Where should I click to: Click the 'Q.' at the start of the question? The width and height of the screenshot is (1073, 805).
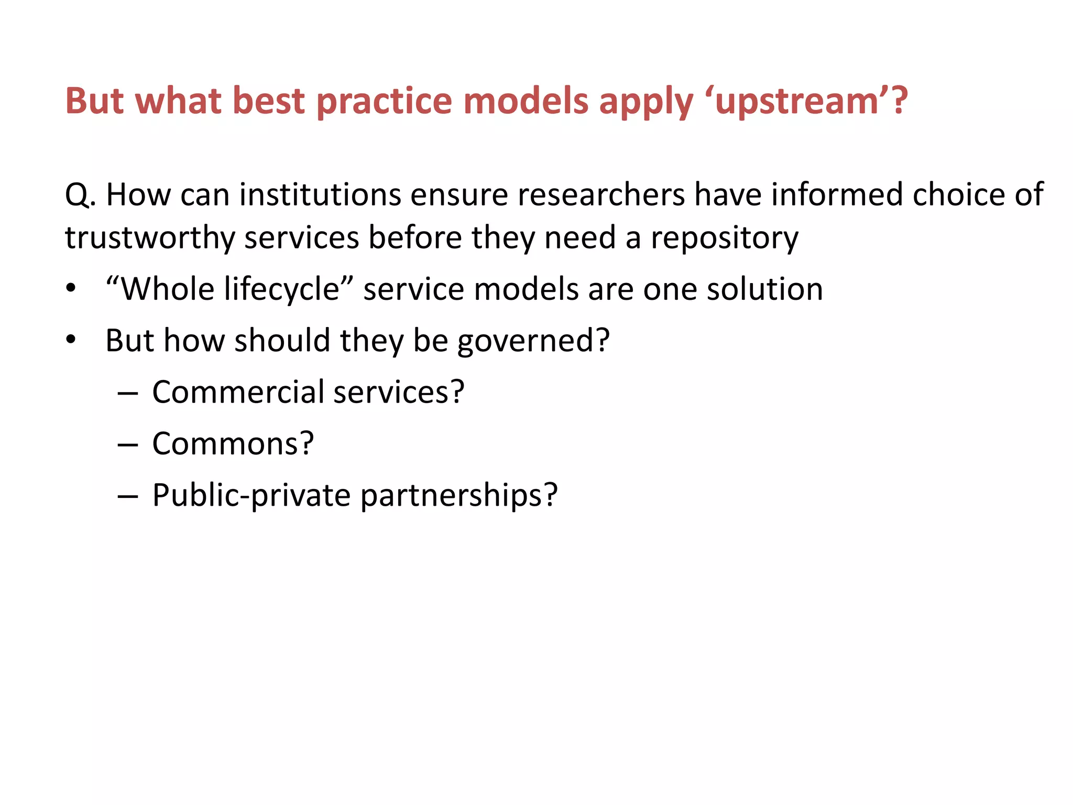pyautogui.click(x=80, y=195)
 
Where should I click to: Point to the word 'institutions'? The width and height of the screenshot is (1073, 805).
pyautogui.click(x=321, y=195)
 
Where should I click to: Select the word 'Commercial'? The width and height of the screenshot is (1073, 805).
pyautogui.click(x=238, y=392)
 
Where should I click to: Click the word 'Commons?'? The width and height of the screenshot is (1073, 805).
pyautogui.click(x=233, y=443)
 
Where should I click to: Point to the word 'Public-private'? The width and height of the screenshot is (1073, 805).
pyautogui.click(x=251, y=495)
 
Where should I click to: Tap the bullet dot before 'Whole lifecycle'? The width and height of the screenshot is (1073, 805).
pyautogui.click(x=71, y=289)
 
